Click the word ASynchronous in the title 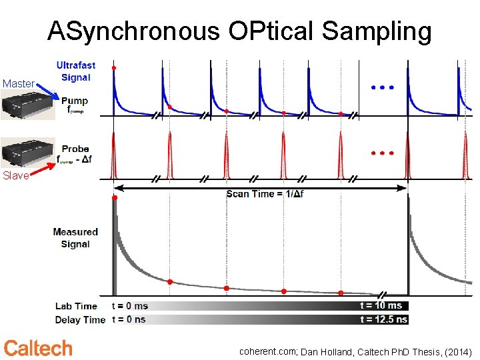point(134,31)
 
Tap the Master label point(19,83)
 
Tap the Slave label point(15,176)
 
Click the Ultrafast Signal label point(75,71)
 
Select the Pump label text point(75,101)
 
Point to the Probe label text point(75,149)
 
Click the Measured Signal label point(75,237)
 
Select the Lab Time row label point(76,306)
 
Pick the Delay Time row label point(79,319)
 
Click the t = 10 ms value point(381,306)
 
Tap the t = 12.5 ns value point(384,319)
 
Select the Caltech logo point(38,347)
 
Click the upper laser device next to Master point(27,105)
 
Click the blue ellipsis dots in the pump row point(382,87)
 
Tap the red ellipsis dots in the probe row point(382,153)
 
